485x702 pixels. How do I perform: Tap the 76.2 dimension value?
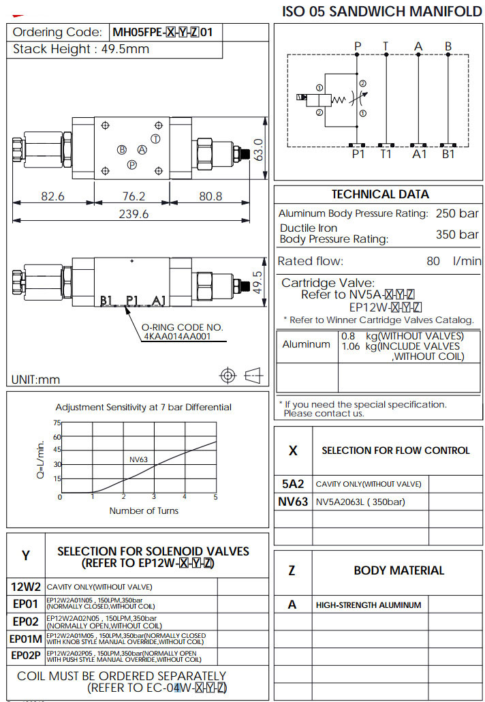point(134,196)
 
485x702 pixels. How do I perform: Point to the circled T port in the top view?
point(155,139)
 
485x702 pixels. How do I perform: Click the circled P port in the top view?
point(133,164)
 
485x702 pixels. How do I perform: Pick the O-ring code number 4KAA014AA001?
point(176,336)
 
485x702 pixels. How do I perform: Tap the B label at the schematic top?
point(448,46)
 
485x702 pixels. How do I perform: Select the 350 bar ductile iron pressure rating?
point(457,234)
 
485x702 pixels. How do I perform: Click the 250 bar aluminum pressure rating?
point(457,213)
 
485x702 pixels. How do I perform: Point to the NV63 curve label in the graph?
point(138,459)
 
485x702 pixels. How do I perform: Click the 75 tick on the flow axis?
point(57,423)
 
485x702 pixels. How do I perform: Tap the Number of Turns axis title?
point(144,510)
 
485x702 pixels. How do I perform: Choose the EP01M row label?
point(26,639)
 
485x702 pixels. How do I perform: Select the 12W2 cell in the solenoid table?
point(26,586)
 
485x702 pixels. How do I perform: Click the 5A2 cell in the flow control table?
point(293,484)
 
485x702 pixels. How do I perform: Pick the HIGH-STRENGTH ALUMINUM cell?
point(369,605)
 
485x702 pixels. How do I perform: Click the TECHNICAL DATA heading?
point(380,194)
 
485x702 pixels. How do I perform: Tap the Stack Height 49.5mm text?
point(81,49)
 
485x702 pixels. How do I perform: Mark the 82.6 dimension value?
point(52,196)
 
